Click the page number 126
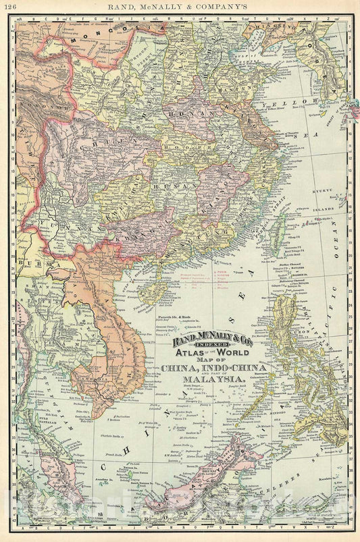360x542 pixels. coord(10,7)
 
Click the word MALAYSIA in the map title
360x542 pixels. coord(212,380)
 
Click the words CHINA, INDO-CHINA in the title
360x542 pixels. coord(213,369)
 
